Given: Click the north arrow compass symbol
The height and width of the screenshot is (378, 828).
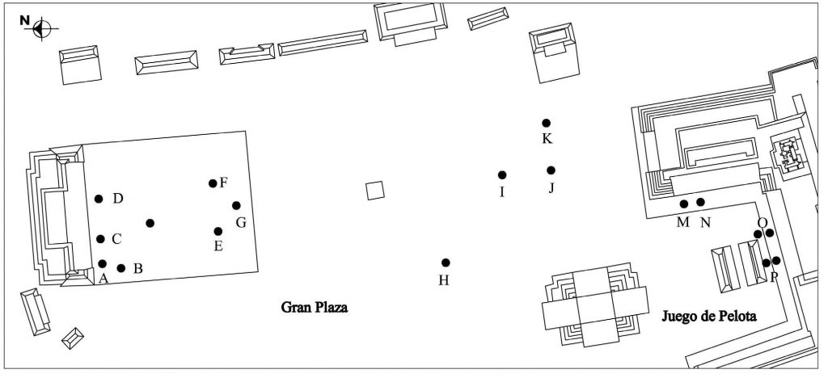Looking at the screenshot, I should pos(41,28).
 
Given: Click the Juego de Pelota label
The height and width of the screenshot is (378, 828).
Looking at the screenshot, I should pos(708,316).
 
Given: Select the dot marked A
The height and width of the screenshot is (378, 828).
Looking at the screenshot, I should pos(103,264).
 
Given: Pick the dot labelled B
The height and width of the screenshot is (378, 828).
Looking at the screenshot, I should pos(121,268).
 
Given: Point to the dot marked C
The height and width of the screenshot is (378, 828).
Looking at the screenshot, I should pos(101,239).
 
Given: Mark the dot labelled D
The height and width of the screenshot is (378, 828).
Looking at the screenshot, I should pos(99,199).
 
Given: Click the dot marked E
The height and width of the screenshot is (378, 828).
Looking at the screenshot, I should pos(218,232).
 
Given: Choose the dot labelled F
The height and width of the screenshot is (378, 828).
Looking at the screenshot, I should pos(213,183).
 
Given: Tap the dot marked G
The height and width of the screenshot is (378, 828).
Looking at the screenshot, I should pos(236,206).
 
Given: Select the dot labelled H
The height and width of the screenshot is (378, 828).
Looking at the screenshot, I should pos(446,262).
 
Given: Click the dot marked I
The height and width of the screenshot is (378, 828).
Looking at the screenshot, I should pos(502,175).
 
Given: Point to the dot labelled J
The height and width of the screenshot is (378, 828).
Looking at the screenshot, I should pos(551,170).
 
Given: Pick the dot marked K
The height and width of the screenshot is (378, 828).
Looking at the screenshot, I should pos(547,123).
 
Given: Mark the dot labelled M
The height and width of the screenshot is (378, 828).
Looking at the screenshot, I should pos(684,204).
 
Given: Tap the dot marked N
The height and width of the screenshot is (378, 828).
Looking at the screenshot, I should pos(701,202).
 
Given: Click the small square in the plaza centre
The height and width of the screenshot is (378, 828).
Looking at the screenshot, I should pos(374,191).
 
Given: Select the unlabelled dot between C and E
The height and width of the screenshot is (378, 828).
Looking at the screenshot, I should pos(150,223).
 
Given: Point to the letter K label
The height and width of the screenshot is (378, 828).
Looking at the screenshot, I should pos(547,139).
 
